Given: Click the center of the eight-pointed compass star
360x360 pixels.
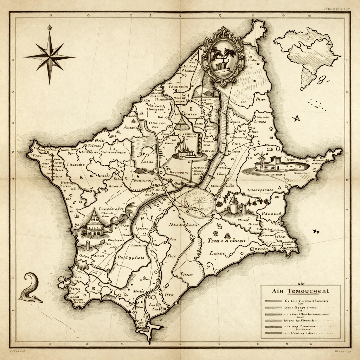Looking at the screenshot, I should pyautogui.click(x=50, y=56).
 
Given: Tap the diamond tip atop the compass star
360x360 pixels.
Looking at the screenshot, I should pyautogui.click(x=50, y=27).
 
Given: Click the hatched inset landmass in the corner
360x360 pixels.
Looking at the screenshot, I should pyautogui.click(x=309, y=53).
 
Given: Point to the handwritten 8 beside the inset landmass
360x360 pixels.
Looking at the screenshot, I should pyautogui.click(x=321, y=82).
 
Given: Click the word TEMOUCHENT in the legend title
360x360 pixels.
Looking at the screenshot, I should pyautogui.click(x=308, y=291).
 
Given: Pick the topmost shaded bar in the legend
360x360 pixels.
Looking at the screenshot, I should pyautogui.click(x=274, y=301).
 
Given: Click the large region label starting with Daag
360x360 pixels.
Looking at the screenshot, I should pyautogui.click(x=131, y=257).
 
